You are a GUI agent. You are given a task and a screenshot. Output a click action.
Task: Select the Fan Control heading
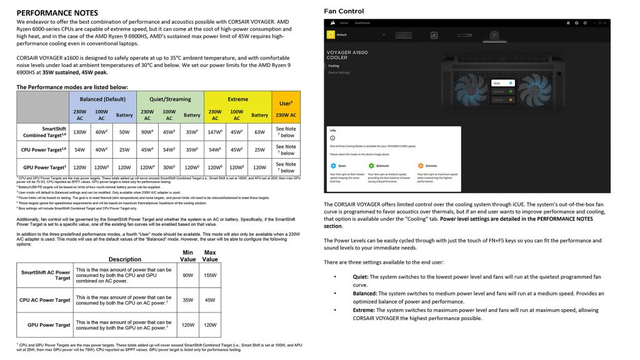(344, 11)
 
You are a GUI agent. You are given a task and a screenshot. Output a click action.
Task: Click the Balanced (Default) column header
(107, 99)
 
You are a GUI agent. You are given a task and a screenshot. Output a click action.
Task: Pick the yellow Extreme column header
(237, 99)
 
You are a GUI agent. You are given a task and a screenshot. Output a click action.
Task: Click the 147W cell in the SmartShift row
(216, 132)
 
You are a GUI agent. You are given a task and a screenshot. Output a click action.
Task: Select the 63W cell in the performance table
(259, 132)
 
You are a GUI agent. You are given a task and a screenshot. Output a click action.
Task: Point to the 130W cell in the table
(80, 132)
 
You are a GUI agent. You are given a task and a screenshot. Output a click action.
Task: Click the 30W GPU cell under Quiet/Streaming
(170, 167)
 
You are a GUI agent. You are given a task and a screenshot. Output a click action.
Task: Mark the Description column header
(125, 259)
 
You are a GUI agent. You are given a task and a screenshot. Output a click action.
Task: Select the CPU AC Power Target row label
(45, 300)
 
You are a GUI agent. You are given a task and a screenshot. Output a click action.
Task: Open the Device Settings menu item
(339, 72)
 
